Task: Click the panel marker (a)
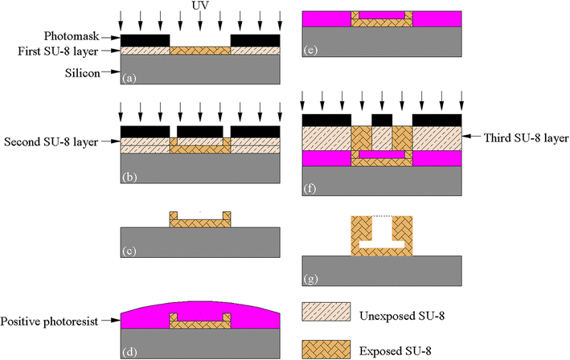(x=128, y=78)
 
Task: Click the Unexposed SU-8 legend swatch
(x=327, y=312)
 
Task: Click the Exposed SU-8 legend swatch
(x=327, y=348)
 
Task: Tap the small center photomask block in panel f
(x=382, y=119)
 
